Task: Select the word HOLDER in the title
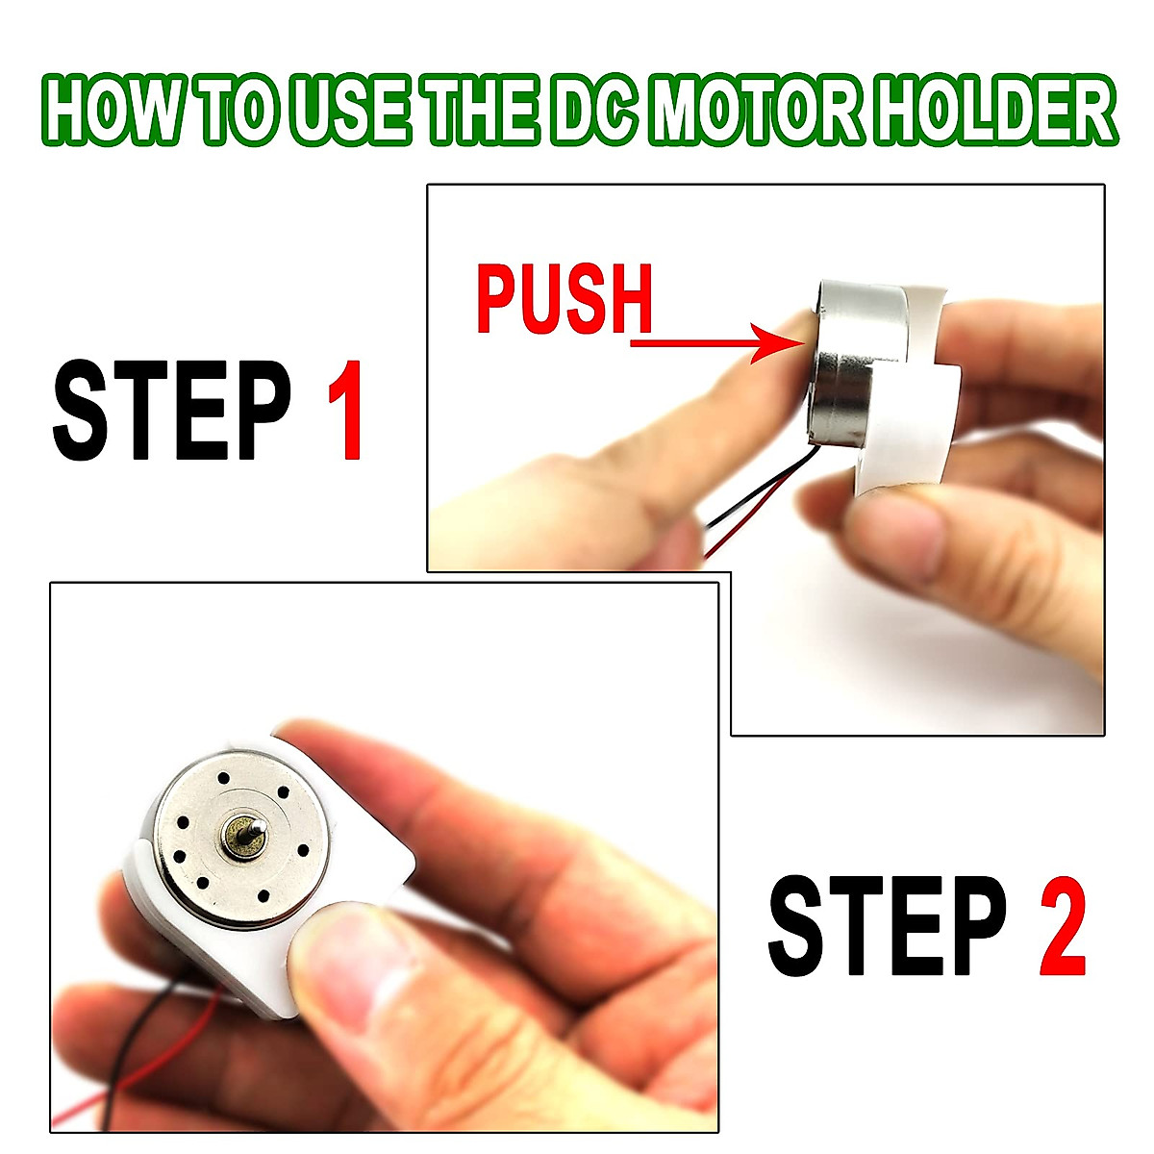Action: pyautogui.click(x=1000, y=113)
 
